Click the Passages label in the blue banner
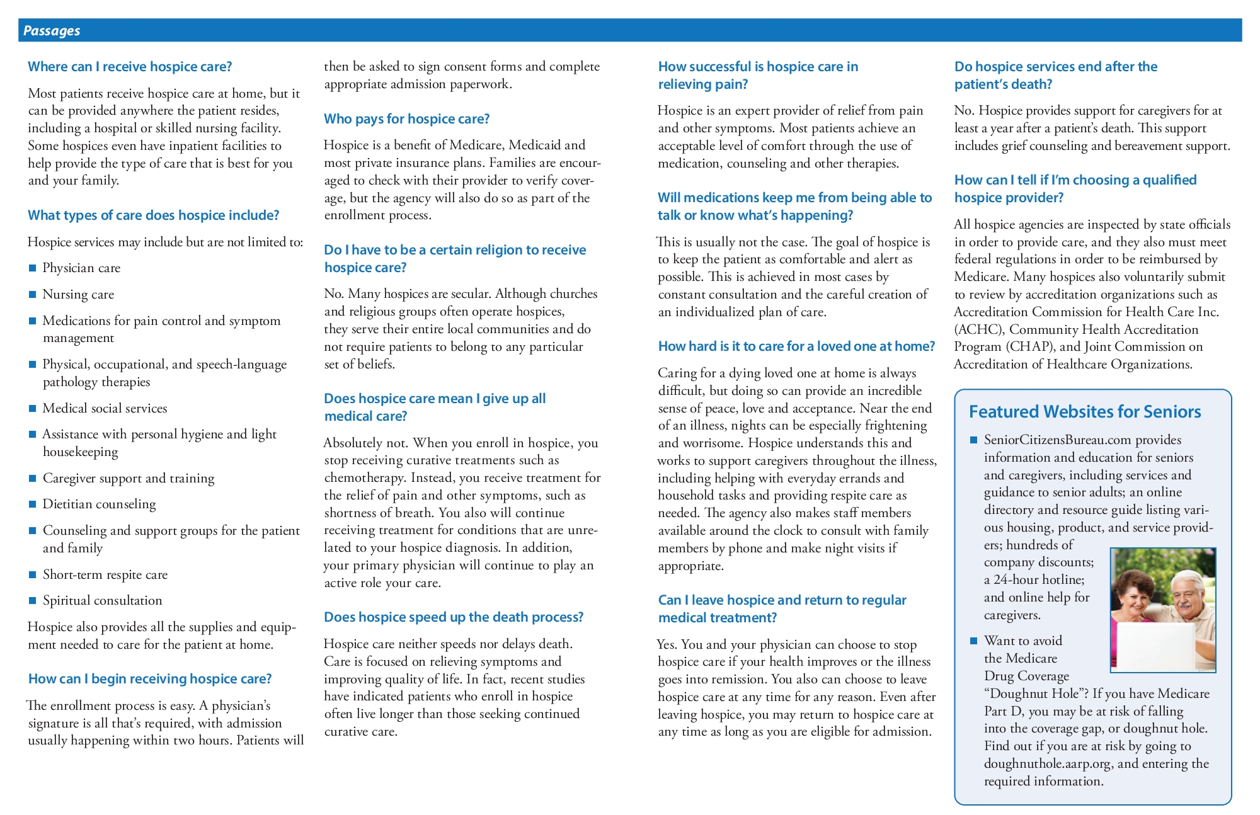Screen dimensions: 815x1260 [52, 31]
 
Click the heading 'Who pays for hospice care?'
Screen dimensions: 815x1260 [406, 119]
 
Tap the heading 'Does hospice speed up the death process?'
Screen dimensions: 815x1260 [454, 617]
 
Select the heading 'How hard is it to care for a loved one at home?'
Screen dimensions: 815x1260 [796, 346]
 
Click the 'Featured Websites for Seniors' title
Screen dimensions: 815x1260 [1084, 412]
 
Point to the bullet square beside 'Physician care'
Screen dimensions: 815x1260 [33, 268]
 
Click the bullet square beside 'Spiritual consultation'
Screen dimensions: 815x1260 [33, 601]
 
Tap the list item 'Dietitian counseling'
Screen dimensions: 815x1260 [99, 504]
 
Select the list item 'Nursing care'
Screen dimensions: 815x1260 [78, 295]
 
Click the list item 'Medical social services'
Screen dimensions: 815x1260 [105, 409]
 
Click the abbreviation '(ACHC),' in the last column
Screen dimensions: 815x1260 [978, 329]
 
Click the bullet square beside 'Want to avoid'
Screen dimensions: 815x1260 [974, 641]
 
